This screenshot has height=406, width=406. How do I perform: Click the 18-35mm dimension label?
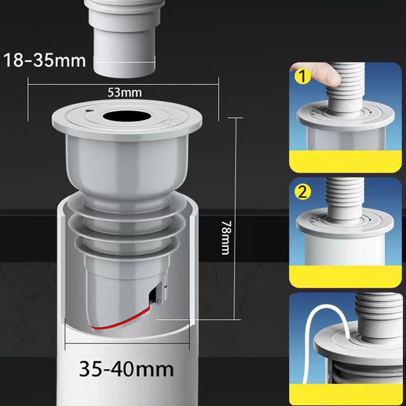coord(45,60)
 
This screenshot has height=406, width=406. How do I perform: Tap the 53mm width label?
coord(124,93)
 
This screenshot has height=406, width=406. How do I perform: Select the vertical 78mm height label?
coord(226,238)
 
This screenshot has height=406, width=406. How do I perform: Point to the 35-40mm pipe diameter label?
coord(126,369)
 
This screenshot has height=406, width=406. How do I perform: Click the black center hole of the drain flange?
coord(125,116)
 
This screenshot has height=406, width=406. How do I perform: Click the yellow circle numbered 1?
coord(302,77)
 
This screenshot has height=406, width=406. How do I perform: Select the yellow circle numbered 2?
coord(302,192)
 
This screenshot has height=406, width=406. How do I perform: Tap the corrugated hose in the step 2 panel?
coord(344,197)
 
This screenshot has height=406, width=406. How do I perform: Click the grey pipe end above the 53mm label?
coord(124,39)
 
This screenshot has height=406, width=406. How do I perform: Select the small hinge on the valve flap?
coord(159,301)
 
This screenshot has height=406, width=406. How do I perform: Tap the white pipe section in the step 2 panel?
coord(345,249)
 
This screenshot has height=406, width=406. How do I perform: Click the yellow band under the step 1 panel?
coord(346,161)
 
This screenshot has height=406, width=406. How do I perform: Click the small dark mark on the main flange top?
coord(88,111)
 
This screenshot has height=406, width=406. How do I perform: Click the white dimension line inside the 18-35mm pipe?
coord(124,62)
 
